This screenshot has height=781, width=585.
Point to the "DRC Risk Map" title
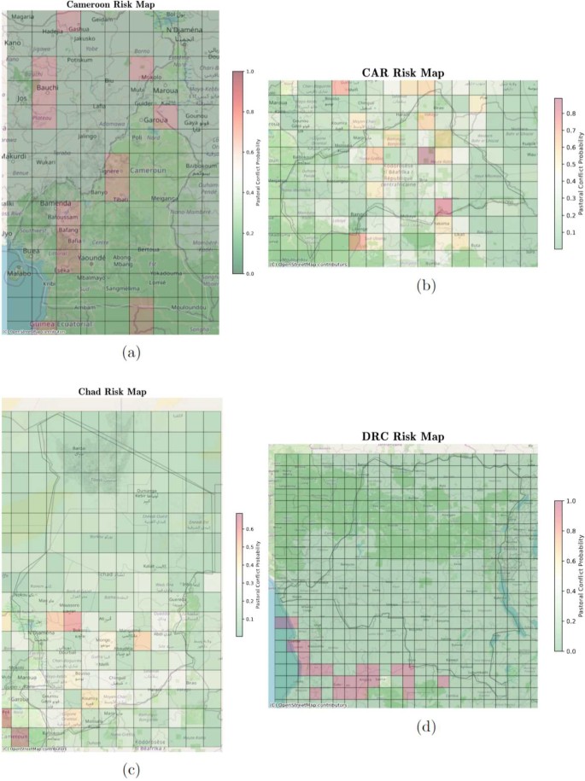pyautogui.click(x=403, y=437)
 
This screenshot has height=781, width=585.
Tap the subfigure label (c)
pyautogui.click(x=131, y=771)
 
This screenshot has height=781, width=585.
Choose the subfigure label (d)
pyautogui.click(x=424, y=727)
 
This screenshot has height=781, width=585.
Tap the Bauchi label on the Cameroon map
pyautogui.click(x=46, y=89)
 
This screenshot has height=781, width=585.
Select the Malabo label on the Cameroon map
pyautogui.click(x=18, y=275)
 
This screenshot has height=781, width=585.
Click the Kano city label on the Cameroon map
pyautogui.click(x=13, y=42)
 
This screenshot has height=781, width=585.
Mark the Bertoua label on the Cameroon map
pyautogui.click(x=148, y=248)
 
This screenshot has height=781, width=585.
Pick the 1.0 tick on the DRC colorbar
pyautogui.click(x=572, y=501)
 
